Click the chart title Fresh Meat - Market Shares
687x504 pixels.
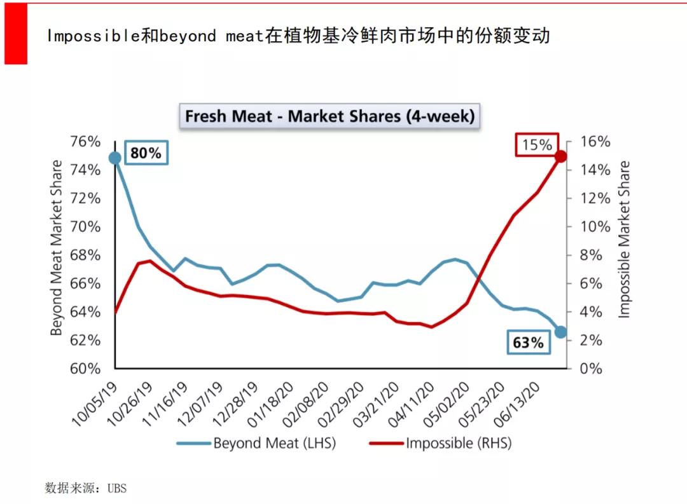click(x=330, y=116)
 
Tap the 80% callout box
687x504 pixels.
click(x=146, y=153)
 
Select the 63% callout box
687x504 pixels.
click(x=528, y=343)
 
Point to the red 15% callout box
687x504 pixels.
click(x=537, y=145)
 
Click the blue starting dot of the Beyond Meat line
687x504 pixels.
click(x=115, y=158)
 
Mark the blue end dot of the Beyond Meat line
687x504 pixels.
click(x=560, y=332)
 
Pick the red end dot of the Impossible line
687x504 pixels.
click(x=560, y=156)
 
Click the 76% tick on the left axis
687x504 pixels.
click(x=85, y=142)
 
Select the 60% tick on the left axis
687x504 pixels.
click(x=85, y=369)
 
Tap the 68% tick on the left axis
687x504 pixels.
click(x=85, y=255)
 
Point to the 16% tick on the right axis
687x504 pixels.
click(x=595, y=142)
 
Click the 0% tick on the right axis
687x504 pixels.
click(x=591, y=369)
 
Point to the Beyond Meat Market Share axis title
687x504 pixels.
click(x=57, y=248)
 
